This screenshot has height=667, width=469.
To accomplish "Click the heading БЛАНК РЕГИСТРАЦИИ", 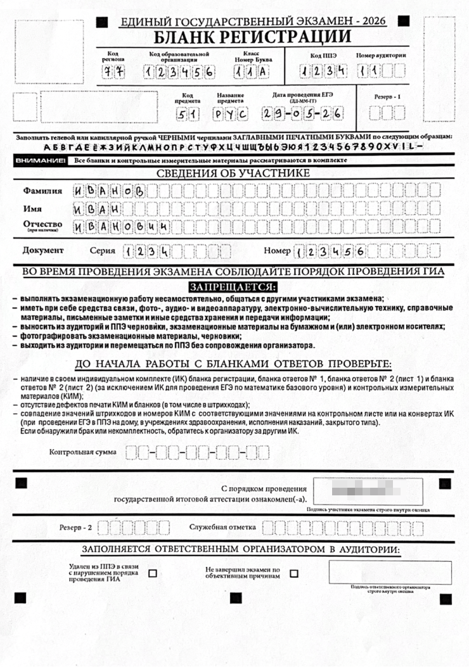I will pyautogui.click(x=252, y=36).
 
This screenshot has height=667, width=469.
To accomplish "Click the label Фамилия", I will pyautogui.click(x=42, y=190).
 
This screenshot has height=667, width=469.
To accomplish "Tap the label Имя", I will pyautogui.click(x=34, y=208).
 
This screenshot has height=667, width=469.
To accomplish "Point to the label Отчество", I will pyautogui.click(x=42, y=224).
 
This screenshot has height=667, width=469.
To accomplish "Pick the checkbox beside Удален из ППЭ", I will pyautogui.click(x=152, y=573).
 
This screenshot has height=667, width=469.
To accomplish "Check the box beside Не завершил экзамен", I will pyautogui.click(x=293, y=573).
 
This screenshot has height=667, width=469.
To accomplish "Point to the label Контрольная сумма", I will pyautogui.click(x=83, y=452).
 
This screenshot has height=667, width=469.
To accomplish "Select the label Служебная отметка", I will pyautogui.click(x=222, y=527).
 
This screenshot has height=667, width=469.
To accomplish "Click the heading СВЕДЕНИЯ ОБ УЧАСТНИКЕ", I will pyautogui.click(x=234, y=173).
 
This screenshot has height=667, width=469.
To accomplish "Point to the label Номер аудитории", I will pyautogui.click(x=381, y=55).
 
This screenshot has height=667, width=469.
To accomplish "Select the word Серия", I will pyautogui.click(x=102, y=251).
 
